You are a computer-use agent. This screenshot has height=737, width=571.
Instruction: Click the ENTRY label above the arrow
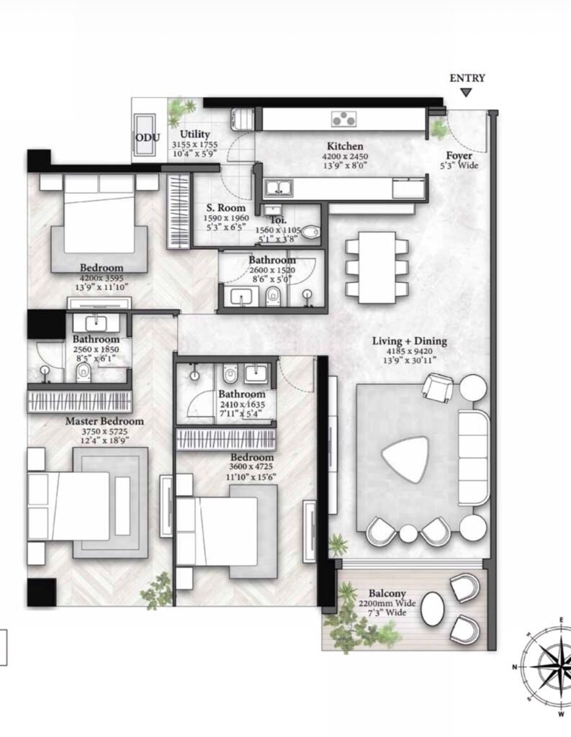coord(467,78)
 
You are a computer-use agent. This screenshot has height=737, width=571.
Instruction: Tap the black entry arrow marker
coord(466,93)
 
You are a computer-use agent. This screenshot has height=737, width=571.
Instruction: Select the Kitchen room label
coord(345,146)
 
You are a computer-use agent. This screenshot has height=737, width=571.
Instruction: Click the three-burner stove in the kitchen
coord(343,119)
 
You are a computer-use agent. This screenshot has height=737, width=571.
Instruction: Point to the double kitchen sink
coord(278,189)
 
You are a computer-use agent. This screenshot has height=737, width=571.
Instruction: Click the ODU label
coord(148,137)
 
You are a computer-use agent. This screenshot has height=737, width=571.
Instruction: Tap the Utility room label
coord(194,135)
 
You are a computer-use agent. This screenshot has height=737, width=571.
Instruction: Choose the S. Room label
coord(226,208)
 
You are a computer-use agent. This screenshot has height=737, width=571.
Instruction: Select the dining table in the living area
coord(377,267)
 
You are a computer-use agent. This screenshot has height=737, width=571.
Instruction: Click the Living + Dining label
coord(410,341)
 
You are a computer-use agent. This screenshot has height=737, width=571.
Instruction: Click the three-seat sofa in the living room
coord(473,457)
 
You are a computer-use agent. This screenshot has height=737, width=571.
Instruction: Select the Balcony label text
coord(387,594)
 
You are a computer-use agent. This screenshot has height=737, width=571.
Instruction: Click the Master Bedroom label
coord(104,421)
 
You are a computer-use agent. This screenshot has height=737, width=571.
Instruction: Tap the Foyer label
coord(459,155)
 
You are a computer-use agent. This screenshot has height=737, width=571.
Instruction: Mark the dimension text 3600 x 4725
coord(251,466)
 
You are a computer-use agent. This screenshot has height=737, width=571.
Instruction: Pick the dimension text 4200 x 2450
coord(345,156)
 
